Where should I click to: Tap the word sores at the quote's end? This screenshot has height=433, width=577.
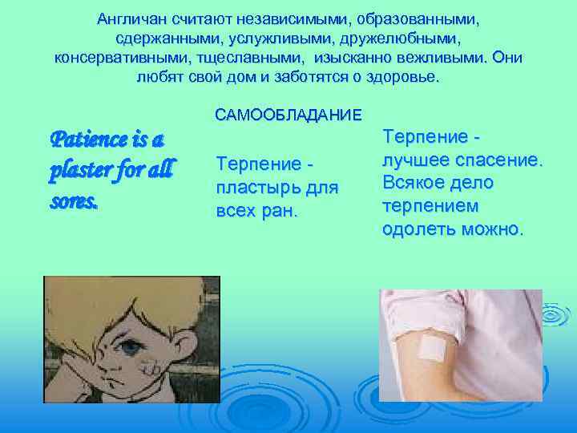tap(74, 201)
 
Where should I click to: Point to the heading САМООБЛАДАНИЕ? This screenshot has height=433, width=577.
tap(288, 115)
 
